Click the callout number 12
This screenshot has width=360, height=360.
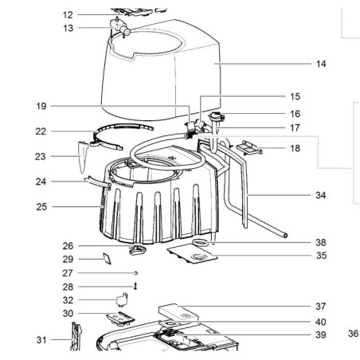(x=68, y=15)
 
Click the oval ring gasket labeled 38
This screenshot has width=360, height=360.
(x=202, y=242)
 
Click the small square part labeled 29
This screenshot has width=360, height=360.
(x=104, y=257)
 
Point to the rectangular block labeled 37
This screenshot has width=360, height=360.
(x=180, y=311)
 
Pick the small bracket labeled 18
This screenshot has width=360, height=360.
(x=247, y=147)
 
